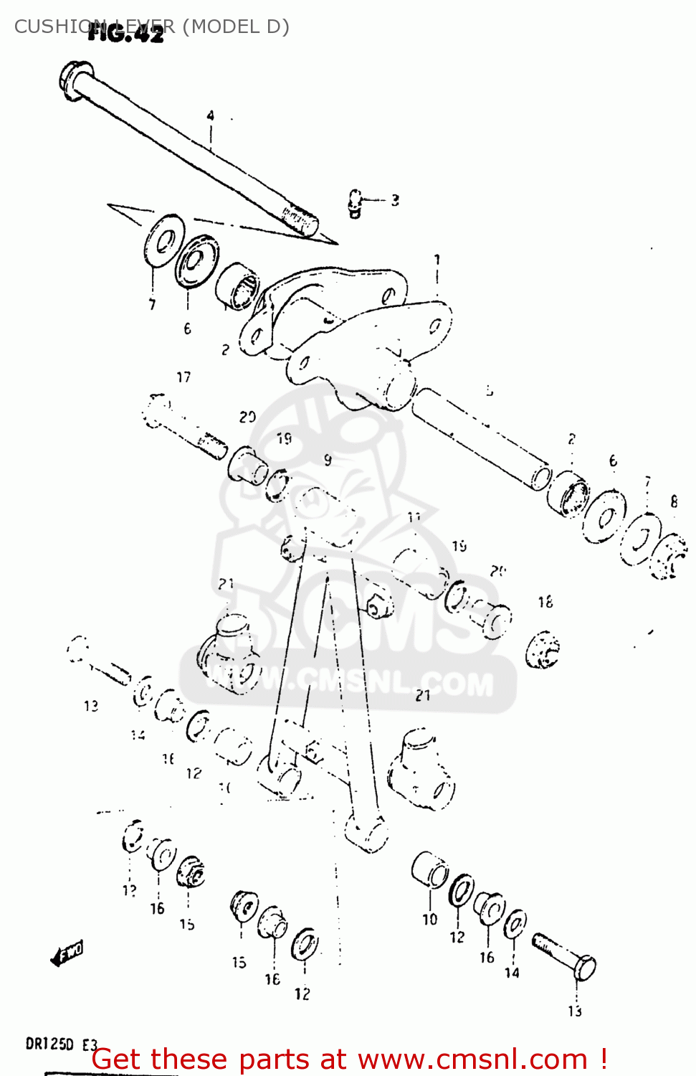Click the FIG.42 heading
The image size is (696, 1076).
(126, 34)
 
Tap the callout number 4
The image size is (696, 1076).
(211, 115)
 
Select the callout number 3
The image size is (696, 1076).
(395, 200)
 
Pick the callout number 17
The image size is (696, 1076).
(183, 377)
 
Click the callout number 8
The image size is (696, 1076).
(674, 501)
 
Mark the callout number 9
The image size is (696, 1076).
(328, 460)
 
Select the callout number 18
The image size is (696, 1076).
(545, 602)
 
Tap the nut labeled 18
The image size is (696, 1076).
(543, 649)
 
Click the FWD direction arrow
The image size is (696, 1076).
(67, 954)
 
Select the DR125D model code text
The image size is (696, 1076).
(49, 1044)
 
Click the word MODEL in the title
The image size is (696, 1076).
(222, 27)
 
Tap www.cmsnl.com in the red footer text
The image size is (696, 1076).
(473, 1059)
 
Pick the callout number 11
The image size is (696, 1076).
(414, 517)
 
